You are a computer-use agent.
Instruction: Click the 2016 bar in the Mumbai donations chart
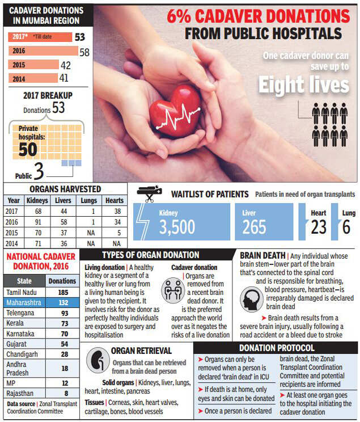pos(43,50)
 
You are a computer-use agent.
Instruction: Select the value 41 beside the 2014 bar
pos(63,78)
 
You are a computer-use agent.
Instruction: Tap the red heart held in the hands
pos(175,111)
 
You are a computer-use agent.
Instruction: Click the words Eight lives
pos(303,85)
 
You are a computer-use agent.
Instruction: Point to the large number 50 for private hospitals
pos(28,149)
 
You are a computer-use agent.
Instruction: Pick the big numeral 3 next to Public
pos(39,171)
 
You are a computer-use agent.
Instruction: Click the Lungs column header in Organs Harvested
pos(89,200)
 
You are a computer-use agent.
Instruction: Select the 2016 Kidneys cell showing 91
pos(38,222)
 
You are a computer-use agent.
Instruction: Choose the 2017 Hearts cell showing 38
pos(117,211)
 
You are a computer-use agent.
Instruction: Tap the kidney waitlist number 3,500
pos(177,227)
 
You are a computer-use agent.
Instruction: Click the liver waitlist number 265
pos(254,227)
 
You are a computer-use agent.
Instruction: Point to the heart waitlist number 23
pos(319,227)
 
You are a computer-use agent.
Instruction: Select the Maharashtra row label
pos(24,302)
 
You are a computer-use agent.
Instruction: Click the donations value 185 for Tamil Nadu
pos(63,292)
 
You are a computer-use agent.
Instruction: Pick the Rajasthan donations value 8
pos(66,393)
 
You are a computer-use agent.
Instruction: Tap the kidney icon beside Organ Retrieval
pos(98,360)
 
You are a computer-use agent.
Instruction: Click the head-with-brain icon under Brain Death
pos(251,299)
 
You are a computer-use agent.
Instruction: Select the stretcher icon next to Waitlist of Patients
pos(149,193)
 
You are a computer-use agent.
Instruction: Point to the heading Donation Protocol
pos(277,348)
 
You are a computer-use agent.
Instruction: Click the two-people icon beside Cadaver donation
pos(173,290)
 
